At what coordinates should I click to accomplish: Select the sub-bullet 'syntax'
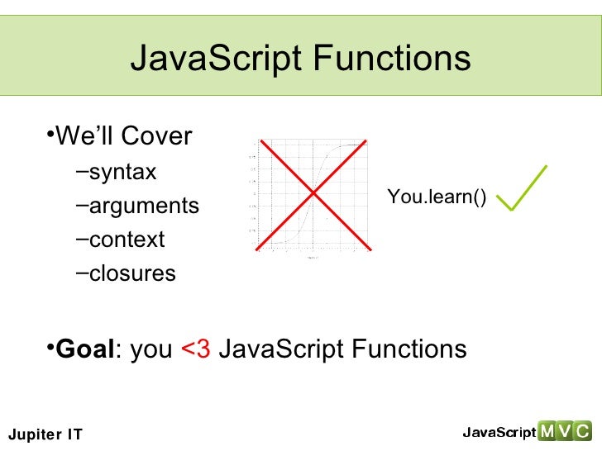coord(122,173)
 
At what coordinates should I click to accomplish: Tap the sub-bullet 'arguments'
coord(144,206)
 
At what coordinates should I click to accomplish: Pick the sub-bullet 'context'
coord(127,240)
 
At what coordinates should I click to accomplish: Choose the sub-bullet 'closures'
coord(132,273)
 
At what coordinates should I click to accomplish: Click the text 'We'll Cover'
coord(123,135)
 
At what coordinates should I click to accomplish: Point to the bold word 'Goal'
coord(84,349)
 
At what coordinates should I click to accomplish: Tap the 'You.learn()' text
coord(437,197)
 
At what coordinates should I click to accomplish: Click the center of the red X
coord(313,193)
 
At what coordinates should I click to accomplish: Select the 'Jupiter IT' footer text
coord(45,434)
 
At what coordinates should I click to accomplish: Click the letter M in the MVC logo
coord(547,431)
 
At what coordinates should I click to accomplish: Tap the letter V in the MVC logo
coord(565,431)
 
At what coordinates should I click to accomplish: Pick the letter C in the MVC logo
coord(582,431)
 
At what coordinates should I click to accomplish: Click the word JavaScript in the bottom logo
coord(499,432)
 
